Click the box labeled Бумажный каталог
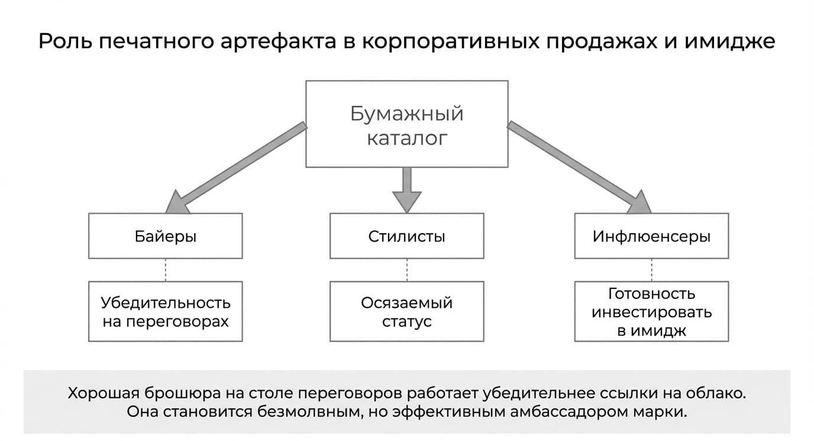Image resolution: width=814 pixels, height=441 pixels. pos(406,124)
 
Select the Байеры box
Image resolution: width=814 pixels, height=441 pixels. pos(166,236)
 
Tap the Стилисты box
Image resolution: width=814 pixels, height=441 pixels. pos(406,236)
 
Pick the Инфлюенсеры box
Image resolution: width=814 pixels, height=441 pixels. pos(651,236)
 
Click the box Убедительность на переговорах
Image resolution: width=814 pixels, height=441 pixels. pos(166,311)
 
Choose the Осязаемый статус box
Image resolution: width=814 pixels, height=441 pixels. pos(406,311)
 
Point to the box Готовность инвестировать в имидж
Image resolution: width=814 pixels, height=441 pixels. pos(651,311)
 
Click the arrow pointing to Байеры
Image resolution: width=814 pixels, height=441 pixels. pos(236,168)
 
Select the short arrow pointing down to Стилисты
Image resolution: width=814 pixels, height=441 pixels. pos(406,190)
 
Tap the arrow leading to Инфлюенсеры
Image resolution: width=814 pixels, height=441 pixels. pos(579,168)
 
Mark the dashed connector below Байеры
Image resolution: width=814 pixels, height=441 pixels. pos(166,270)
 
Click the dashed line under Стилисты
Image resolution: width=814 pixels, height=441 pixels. pos(406,270)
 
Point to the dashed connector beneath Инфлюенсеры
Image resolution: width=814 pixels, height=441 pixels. pos(651,270)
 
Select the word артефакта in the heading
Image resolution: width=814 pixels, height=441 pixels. pos(279,42)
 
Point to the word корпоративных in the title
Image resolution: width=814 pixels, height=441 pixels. pos(451,42)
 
